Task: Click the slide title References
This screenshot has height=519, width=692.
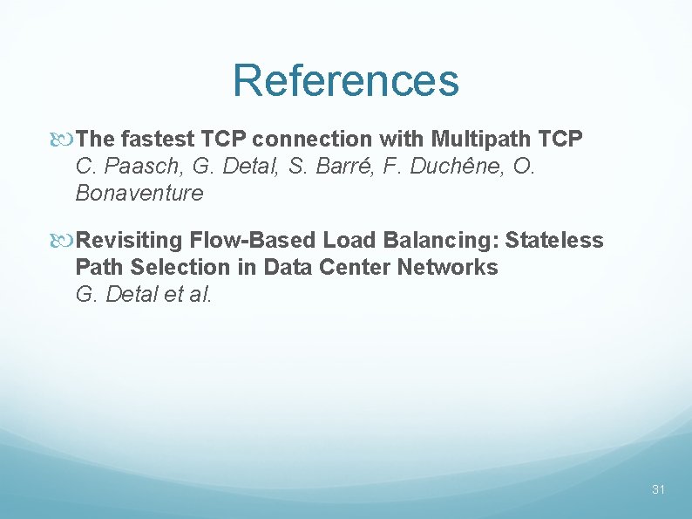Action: point(345,80)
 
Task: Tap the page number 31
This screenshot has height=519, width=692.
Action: point(658,489)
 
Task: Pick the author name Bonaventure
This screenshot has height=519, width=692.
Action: point(139,193)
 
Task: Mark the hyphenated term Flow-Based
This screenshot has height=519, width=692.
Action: point(258,240)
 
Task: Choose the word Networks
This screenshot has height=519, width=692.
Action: point(448,267)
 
